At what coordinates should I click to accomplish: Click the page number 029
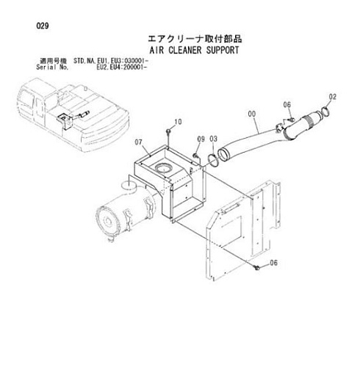tap(43, 26)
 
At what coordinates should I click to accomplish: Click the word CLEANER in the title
tap(185, 50)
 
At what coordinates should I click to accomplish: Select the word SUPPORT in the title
tap(223, 50)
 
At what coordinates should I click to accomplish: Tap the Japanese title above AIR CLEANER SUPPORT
tap(195, 39)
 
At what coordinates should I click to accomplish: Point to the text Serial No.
tap(52, 67)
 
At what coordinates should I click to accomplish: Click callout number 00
tap(252, 114)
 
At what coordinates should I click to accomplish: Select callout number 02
tap(333, 97)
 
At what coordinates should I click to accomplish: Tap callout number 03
tap(213, 139)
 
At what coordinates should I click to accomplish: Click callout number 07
tap(138, 142)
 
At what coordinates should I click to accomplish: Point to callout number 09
tap(201, 139)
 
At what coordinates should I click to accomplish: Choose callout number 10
tap(178, 122)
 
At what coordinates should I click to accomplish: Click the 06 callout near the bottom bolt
tap(273, 263)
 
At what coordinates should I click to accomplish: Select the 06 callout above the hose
tap(287, 105)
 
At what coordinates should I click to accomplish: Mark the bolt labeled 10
tap(168, 131)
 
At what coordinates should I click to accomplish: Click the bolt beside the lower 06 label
tap(256, 267)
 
